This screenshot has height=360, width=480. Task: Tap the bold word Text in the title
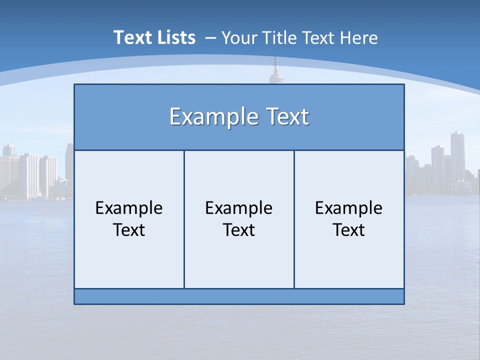tap(130, 37)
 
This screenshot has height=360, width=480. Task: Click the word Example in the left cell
tap(129, 208)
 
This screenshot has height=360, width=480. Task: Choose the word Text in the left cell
tap(129, 230)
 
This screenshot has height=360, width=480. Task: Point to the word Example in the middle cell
tap(239, 208)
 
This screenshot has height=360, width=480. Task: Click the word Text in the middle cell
tap(239, 230)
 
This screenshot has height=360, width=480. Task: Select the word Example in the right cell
tap(349, 208)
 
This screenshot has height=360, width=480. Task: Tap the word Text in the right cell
tap(349, 230)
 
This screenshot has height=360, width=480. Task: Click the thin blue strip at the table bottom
tap(239, 296)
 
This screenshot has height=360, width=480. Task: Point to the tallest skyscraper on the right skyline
tap(457, 150)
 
